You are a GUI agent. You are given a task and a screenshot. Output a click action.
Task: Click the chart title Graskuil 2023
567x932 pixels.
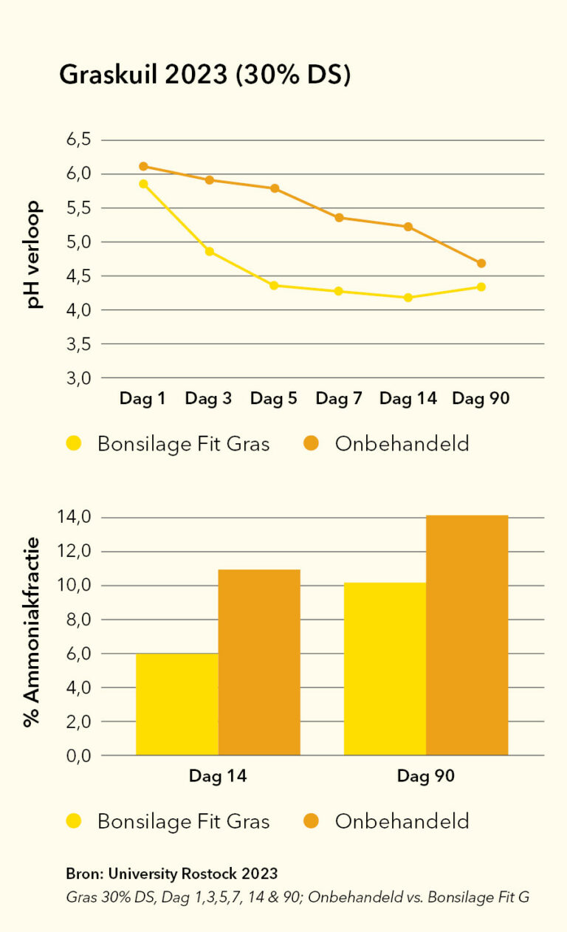(x=205, y=75)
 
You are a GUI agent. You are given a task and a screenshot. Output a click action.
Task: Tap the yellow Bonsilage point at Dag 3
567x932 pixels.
(x=209, y=252)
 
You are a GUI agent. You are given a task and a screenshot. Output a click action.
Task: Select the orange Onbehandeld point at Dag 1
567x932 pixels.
(x=143, y=166)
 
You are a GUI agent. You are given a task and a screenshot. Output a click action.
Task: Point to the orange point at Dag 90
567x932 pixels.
(x=481, y=263)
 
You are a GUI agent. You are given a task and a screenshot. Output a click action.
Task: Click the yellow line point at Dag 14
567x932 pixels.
(x=408, y=298)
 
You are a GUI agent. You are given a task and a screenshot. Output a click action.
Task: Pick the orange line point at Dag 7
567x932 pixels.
(x=339, y=218)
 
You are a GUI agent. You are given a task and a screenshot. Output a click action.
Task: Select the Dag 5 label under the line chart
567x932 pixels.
(x=274, y=399)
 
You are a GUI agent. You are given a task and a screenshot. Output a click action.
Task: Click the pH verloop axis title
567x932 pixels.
(x=35, y=254)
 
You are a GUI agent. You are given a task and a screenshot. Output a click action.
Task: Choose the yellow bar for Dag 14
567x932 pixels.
(x=177, y=704)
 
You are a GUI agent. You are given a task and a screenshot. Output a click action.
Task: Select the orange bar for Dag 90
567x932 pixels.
(x=467, y=635)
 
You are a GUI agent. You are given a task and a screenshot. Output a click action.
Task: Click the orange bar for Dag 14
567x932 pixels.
(x=259, y=662)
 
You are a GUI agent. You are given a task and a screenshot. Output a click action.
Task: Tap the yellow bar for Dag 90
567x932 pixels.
(x=385, y=668)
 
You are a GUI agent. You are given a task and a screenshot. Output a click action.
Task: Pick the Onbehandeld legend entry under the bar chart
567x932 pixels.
(x=401, y=820)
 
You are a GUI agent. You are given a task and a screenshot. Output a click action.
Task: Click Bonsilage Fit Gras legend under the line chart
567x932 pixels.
(x=183, y=444)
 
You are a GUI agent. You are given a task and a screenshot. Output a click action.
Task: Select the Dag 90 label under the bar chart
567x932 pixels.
(x=425, y=776)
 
